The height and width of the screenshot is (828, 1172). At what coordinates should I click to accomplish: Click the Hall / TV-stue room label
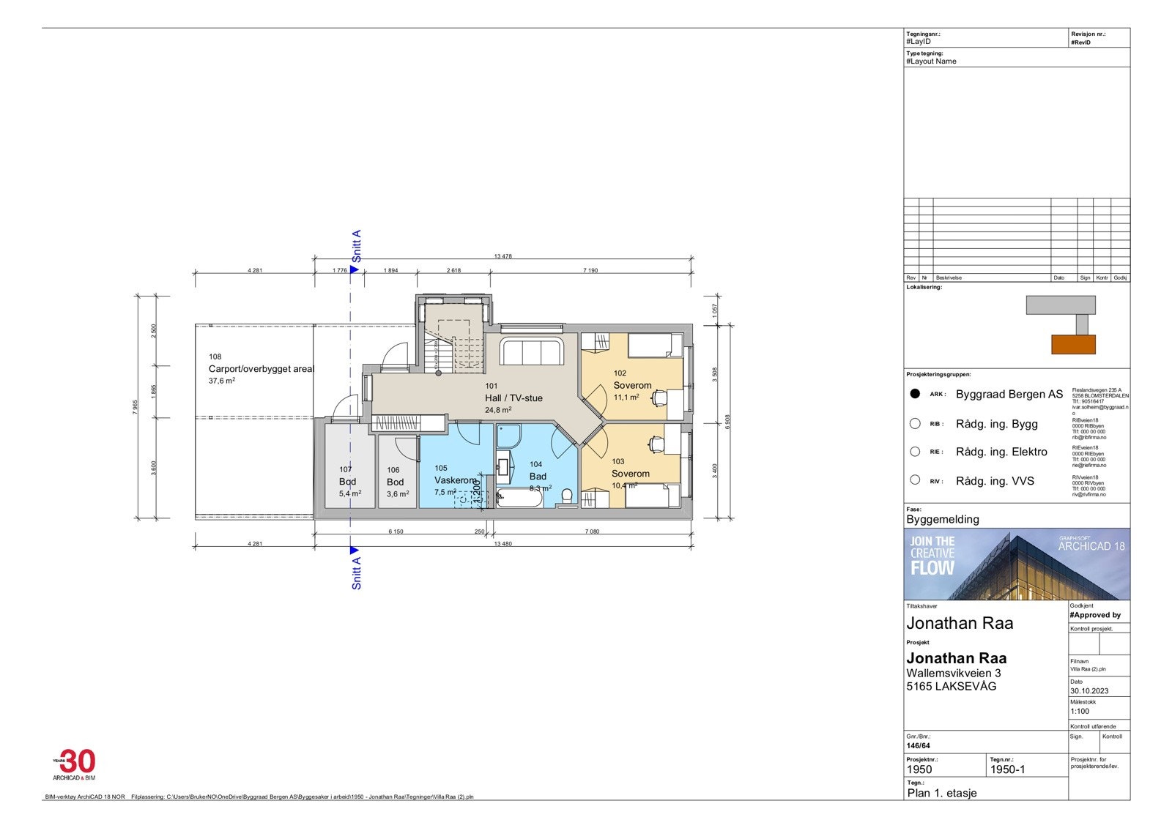point(513,398)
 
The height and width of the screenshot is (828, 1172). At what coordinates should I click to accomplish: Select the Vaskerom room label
point(456,480)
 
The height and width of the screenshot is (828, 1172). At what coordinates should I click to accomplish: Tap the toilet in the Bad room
point(566,498)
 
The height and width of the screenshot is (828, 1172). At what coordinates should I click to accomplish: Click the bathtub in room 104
point(520,500)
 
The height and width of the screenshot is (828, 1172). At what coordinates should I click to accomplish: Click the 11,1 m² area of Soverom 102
point(626,397)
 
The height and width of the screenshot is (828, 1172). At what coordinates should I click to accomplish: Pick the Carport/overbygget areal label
point(261,369)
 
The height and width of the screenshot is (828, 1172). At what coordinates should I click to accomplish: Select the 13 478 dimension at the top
point(502,256)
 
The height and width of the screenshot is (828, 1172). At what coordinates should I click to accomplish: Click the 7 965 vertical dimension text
point(136,407)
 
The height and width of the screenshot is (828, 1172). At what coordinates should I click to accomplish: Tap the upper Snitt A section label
point(357,247)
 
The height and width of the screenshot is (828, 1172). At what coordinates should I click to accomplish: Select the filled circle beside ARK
point(915,394)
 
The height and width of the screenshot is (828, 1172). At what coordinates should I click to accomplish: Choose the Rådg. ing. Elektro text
point(1001,452)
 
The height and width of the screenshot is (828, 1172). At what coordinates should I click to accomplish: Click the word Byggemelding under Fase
point(943,519)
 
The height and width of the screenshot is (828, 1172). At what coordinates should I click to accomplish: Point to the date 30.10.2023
point(1089,690)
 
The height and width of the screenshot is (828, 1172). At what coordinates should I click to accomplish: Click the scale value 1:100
point(1080,711)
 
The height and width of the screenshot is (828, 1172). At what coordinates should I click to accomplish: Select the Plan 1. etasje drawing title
point(942,792)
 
